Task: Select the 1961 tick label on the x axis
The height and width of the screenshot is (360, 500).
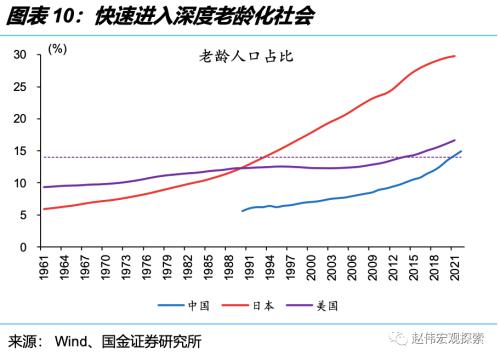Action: (x=44, y=268)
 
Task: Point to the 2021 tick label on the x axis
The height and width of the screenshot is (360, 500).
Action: (x=455, y=268)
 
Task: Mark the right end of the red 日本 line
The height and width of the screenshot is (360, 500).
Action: (x=456, y=56)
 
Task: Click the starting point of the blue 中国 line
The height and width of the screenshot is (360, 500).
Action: (x=242, y=211)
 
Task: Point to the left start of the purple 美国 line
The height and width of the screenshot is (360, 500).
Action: (x=42, y=187)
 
